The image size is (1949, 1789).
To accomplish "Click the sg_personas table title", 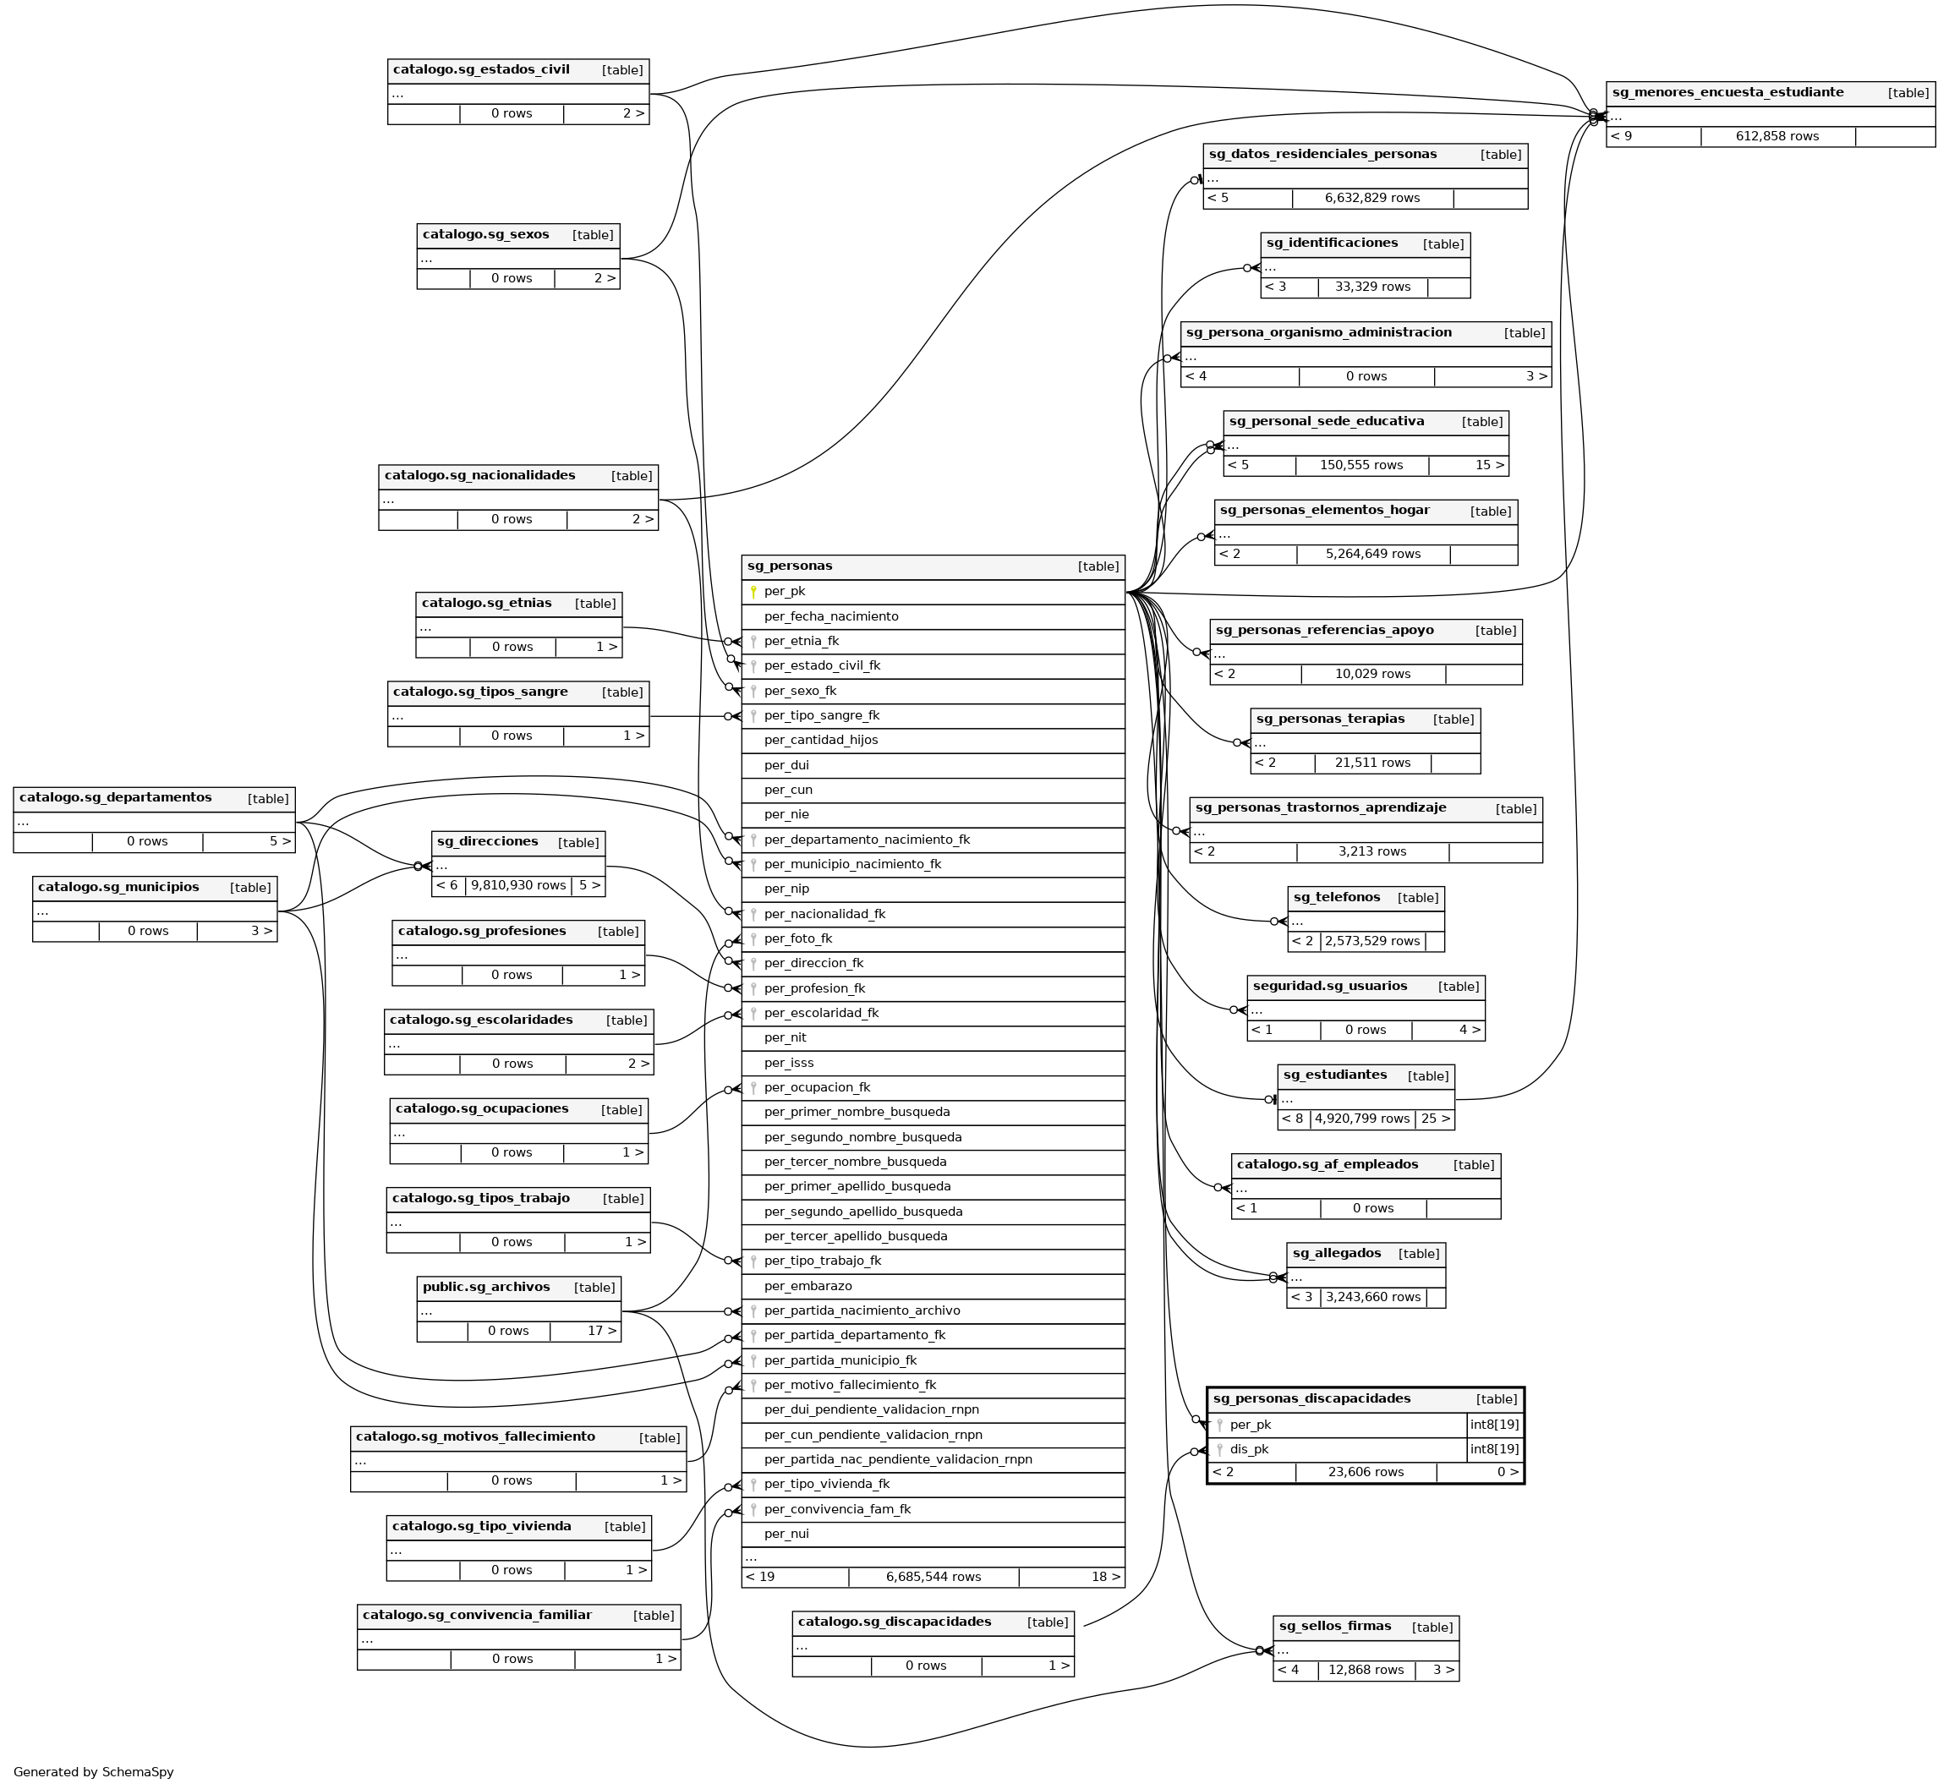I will [790, 566].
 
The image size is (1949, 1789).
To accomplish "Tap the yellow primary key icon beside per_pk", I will [753, 592].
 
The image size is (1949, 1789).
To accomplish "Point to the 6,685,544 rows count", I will [933, 1577].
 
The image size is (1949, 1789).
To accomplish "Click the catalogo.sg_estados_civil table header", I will [481, 69].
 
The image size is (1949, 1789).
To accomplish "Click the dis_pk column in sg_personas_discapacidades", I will [1249, 1449].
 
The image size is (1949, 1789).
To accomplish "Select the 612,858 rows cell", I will [1777, 136].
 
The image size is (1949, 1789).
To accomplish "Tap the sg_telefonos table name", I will [1336, 897].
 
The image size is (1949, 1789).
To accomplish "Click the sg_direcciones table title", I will [487, 842].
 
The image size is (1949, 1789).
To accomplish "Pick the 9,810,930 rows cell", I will [518, 885].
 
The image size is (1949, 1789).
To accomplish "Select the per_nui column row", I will [786, 1534].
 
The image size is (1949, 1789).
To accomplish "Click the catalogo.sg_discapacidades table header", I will [894, 1622].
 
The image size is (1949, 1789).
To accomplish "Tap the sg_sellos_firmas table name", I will [1334, 1627].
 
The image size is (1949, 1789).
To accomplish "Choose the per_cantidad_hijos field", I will [821, 740].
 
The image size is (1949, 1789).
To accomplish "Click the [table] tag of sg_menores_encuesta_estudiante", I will [1908, 93].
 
